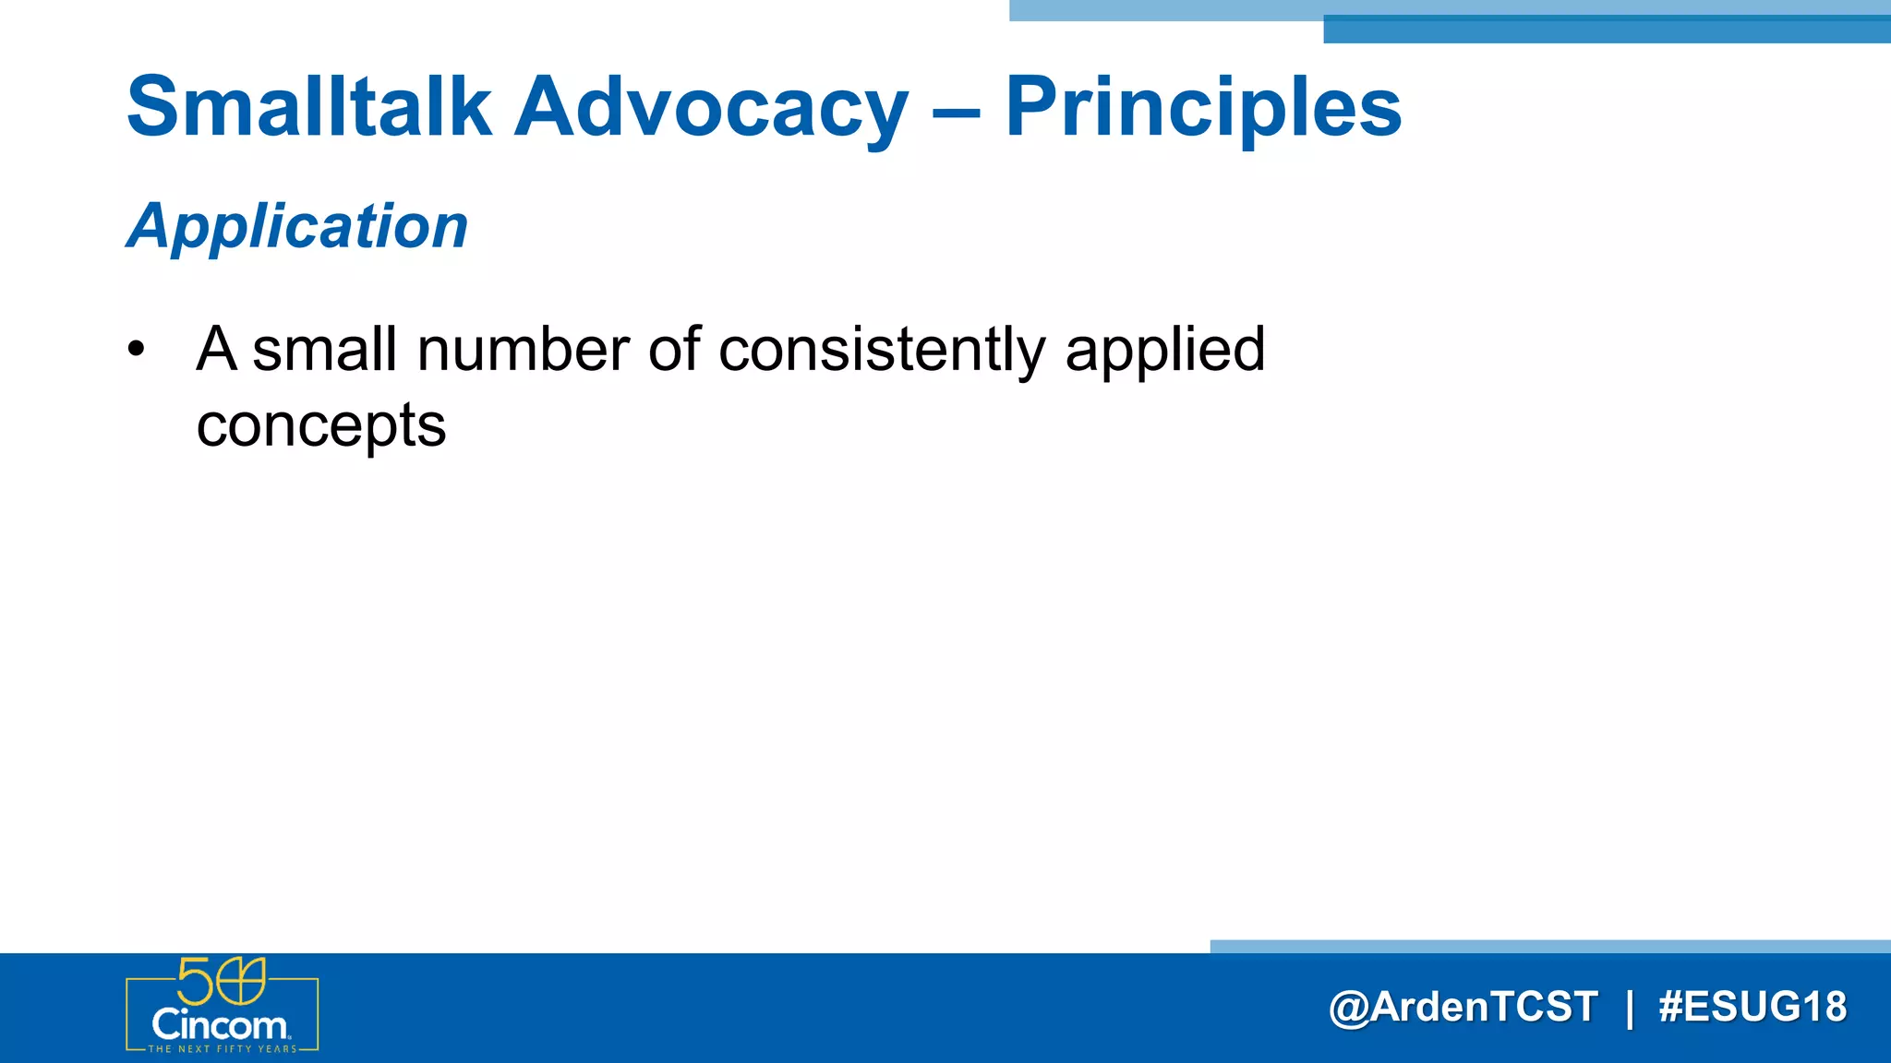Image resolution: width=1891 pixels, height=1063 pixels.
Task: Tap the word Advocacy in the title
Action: coord(711,109)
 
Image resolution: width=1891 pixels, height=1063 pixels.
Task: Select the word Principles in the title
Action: coord(1203,109)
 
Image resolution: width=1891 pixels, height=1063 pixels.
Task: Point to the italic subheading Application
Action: coord(297,226)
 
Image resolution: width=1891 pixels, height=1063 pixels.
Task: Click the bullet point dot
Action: coord(137,350)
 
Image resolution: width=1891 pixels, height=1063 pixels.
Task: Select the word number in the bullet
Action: coord(524,350)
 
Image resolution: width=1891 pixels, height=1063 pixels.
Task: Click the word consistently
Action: coord(882,352)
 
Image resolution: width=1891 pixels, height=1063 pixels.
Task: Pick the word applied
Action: coord(1164,352)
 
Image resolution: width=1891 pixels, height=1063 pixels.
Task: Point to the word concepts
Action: coord(321,426)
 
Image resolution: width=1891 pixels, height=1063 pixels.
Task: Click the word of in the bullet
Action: coord(674,350)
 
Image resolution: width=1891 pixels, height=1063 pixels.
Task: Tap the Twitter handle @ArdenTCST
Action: coord(1463,1007)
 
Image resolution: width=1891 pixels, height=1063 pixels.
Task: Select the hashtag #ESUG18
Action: coord(1752,1007)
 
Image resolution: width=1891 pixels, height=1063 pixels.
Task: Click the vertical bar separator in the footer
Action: coord(1630,1008)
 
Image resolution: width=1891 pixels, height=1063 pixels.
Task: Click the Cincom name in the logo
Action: coord(220,1025)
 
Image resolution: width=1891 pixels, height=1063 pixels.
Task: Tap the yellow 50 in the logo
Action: coord(222,981)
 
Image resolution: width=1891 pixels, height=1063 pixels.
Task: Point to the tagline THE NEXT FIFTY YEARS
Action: coord(223,1049)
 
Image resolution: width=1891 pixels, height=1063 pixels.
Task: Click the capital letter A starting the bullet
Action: coord(217,350)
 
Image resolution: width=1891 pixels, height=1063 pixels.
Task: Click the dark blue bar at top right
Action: coord(1607,30)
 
